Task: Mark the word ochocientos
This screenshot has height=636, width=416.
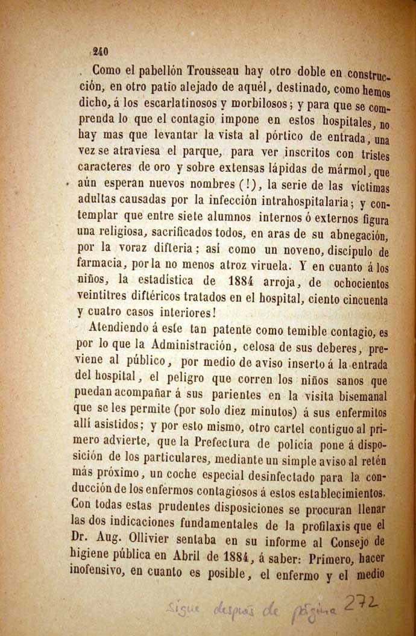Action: point(352,282)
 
